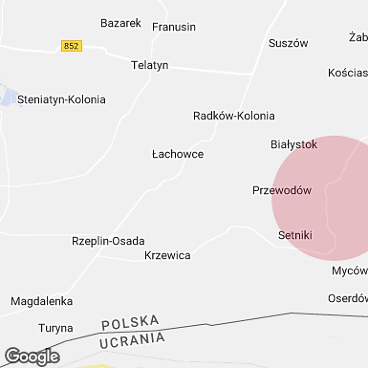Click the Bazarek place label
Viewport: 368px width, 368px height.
121,23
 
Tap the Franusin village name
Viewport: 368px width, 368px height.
174,27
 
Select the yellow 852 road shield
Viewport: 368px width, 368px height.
71,46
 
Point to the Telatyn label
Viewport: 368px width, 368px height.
150,65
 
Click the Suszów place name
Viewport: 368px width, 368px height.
288,43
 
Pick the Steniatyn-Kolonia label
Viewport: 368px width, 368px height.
61,100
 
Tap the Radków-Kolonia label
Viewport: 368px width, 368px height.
234,116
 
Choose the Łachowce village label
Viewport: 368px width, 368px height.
178,154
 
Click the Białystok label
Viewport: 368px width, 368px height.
294,144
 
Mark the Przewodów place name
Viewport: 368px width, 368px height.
282,190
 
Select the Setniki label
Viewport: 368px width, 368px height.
295,235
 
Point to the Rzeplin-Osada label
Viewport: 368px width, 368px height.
108,241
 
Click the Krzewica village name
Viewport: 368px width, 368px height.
167,255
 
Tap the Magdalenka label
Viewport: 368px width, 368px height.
42,301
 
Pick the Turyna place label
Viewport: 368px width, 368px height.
56,328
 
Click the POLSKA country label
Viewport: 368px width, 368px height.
130,323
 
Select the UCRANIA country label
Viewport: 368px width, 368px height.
132,340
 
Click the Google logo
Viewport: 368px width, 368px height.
32,357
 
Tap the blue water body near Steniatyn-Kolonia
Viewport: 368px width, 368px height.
8,97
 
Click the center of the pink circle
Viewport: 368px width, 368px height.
334,198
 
